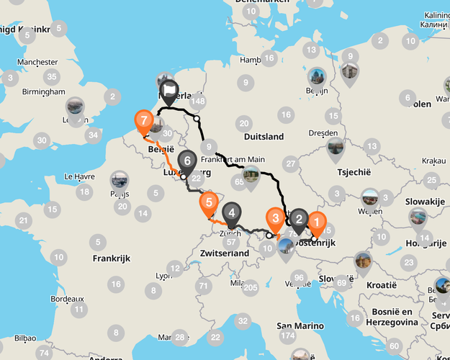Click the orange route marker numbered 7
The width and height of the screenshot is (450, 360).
pos(144,120)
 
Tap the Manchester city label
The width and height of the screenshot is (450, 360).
pos(38,63)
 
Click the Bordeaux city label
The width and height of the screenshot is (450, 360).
pos(68,298)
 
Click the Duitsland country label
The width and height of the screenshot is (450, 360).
pos(264,136)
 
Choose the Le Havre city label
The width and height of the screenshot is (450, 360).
pos(80,176)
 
